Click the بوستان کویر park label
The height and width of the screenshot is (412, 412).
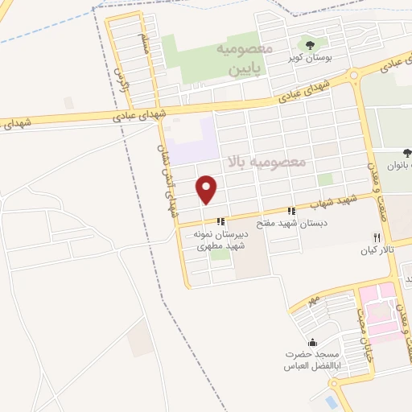(x=307, y=59)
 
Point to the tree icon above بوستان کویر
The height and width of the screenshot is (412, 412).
(x=310, y=45)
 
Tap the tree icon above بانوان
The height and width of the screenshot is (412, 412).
(x=406, y=154)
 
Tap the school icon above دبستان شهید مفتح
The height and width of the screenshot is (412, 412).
(x=292, y=212)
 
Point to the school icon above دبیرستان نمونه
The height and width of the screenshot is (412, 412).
(x=219, y=221)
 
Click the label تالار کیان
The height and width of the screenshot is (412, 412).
(x=375, y=250)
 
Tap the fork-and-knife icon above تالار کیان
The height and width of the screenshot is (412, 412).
(x=377, y=237)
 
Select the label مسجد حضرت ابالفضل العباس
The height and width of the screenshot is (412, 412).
(x=311, y=360)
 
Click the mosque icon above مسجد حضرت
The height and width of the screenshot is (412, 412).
(x=312, y=342)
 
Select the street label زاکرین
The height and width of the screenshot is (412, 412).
(x=122, y=77)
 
